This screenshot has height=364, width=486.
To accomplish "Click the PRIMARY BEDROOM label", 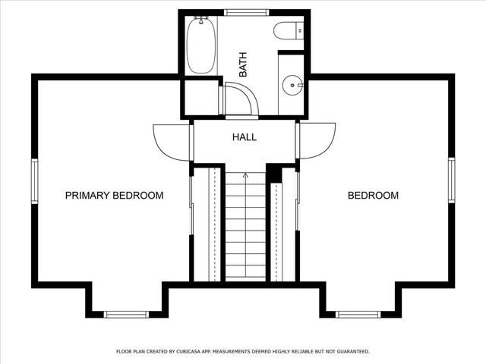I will (x=114, y=196).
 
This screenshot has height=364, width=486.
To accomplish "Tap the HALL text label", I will (x=244, y=138).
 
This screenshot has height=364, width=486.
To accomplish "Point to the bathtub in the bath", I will (x=200, y=45).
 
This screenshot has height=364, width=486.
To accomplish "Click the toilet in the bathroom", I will (x=289, y=30).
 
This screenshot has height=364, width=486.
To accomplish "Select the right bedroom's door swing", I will (x=317, y=141).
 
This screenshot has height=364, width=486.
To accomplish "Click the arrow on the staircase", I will (x=245, y=176).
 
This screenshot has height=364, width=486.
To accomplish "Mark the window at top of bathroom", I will (x=247, y=12).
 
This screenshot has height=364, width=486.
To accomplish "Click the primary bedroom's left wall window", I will (x=34, y=180).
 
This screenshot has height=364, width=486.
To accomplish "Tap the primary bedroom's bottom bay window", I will (x=127, y=314).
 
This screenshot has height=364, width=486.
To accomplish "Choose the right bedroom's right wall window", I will (x=451, y=180).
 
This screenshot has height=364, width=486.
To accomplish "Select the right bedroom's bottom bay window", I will (x=358, y=314).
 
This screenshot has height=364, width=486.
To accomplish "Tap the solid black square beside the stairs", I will (x=274, y=174).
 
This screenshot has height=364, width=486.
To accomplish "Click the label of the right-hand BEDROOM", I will (x=373, y=196).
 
